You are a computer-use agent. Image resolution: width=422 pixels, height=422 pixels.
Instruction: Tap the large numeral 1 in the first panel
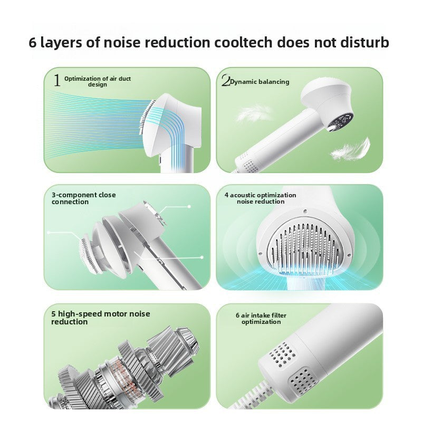pos(56,81)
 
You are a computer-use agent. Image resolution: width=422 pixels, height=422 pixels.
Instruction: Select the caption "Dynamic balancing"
pos(260,82)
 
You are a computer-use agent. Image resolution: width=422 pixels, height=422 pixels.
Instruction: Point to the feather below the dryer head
pos(351,149)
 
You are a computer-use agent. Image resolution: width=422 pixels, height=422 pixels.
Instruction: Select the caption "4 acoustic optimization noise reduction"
pos(260,198)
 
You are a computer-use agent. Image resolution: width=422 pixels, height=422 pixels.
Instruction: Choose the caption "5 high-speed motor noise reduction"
pos(100,318)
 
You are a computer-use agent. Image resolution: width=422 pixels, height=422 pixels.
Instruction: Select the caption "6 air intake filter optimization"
pos(261,319)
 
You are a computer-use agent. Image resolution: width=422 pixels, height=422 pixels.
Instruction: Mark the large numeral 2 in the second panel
pos(226,81)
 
